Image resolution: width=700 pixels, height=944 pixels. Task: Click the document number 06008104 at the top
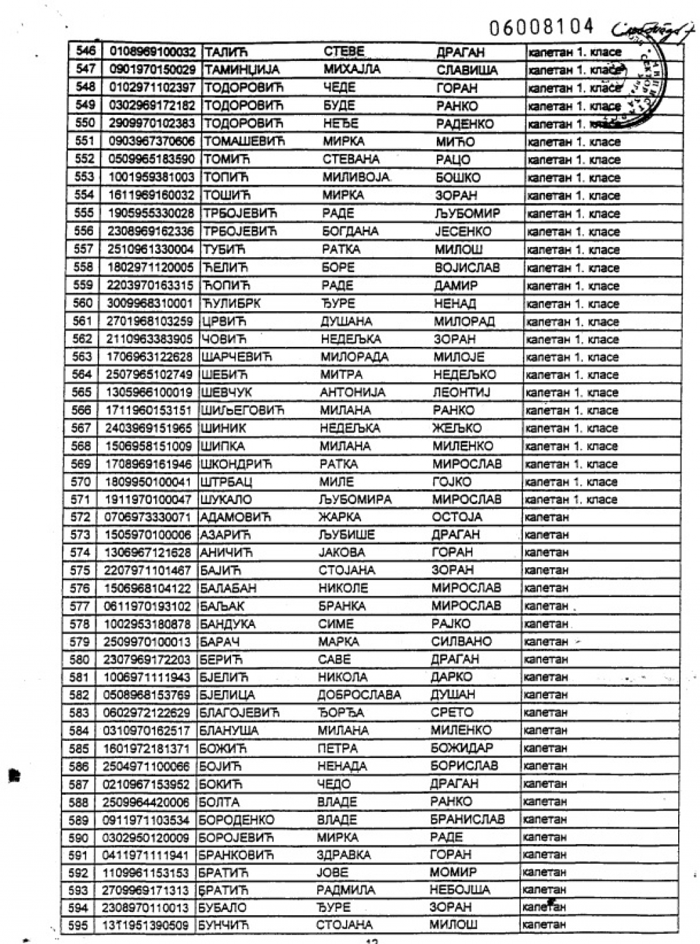(x=541, y=27)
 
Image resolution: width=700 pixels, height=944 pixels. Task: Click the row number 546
(x=85, y=52)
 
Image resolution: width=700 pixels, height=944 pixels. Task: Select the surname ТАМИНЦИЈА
(x=243, y=70)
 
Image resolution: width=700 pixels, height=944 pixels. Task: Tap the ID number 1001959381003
(x=151, y=177)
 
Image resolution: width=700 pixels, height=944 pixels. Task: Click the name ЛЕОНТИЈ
(x=461, y=393)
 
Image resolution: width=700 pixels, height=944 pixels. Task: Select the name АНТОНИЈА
(x=352, y=393)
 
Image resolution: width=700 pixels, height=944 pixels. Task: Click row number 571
(x=81, y=499)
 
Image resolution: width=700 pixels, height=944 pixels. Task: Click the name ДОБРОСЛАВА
(x=359, y=695)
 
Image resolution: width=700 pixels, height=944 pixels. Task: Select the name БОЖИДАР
(x=461, y=748)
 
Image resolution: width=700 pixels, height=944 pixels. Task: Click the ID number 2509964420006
(x=146, y=802)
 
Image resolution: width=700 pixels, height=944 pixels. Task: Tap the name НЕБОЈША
(x=459, y=890)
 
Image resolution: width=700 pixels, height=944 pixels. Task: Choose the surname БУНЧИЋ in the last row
(x=224, y=926)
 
